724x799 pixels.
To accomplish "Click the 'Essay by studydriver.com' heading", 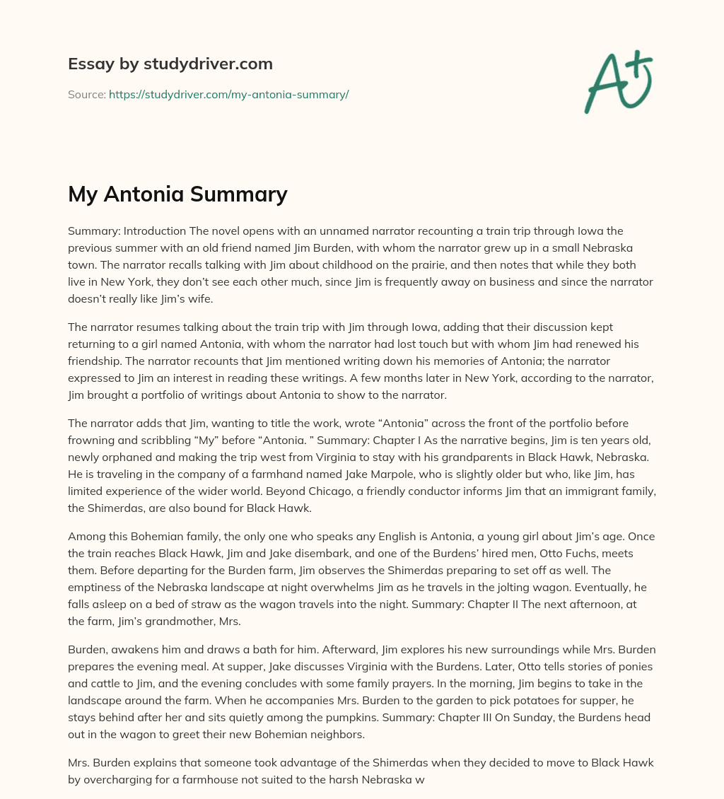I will (170, 64).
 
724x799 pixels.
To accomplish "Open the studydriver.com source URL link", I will (228, 94).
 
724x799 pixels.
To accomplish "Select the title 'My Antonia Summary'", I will (177, 194).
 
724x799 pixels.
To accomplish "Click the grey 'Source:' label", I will (86, 94).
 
